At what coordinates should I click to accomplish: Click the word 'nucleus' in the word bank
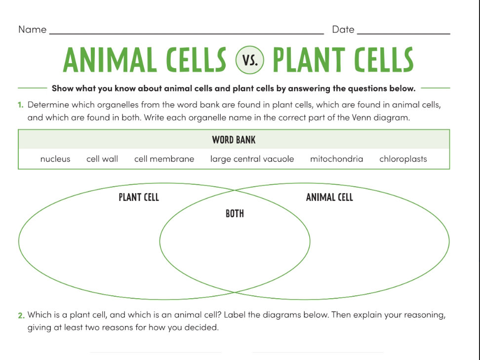point(55,159)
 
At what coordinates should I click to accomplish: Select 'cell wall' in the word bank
point(102,159)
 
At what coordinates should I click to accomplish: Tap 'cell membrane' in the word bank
point(164,159)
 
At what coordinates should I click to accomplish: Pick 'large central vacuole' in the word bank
point(252,159)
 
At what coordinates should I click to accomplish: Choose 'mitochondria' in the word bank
point(336,159)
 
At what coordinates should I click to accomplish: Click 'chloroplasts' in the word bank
point(403,159)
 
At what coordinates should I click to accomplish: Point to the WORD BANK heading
point(234,140)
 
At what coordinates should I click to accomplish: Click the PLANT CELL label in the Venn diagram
point(139,198)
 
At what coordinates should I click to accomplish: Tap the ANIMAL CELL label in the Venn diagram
point(329,198)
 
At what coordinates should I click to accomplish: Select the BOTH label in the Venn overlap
point(235,214)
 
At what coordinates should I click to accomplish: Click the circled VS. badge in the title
point(250,61)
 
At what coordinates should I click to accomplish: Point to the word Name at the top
point(33,30)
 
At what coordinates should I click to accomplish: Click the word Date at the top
point(343,30)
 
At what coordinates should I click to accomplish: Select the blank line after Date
point(403,33)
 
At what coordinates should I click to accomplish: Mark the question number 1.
point(21,105)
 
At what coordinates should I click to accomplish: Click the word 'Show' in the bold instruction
point(62,89)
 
